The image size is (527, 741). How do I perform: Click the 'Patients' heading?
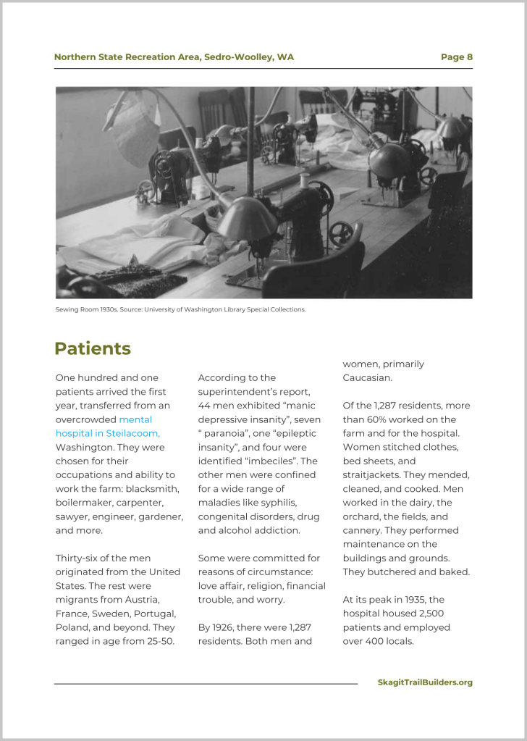pyautogui.click(x=92, y=348)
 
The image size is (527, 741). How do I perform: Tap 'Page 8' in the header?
pyautogui.click(x=456, y=57)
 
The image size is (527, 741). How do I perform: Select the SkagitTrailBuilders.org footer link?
pyautogui.click(x=425, y=682)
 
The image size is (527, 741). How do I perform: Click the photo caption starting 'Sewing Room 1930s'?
pyautogui.click(x=180, y=309)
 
